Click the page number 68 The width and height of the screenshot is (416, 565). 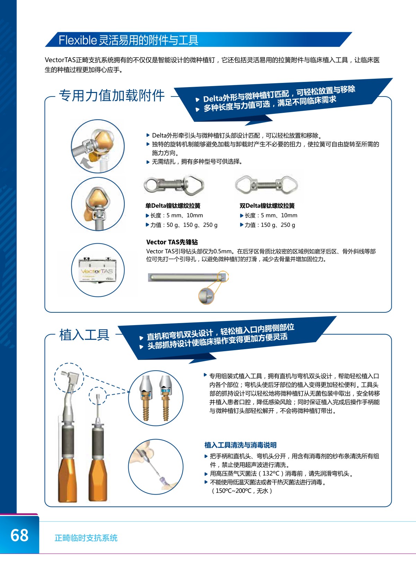pos(19,535)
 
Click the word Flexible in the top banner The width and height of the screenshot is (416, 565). pos(78,40)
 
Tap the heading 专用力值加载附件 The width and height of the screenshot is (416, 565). pos(112,95)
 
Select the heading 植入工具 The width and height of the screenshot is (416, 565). pos(84,335)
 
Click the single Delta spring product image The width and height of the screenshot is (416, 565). pos(174,185)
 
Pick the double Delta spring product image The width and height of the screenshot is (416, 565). pos(266,185)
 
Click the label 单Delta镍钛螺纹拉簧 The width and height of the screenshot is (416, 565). pos(173,206)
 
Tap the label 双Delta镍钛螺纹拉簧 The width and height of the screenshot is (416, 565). pos(267,206)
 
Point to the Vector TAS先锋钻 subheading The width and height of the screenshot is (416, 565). pos(172,242)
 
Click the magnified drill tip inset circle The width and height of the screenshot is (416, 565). pos(206,296)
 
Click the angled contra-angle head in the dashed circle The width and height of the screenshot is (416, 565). pos(70,378)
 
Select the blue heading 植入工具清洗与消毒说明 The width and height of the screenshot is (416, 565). pos(240,445)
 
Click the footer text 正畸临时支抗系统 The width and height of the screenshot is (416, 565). pos(86,538)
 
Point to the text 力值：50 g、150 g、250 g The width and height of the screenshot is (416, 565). pos(181,225)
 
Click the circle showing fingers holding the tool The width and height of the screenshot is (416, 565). pos(156,467)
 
